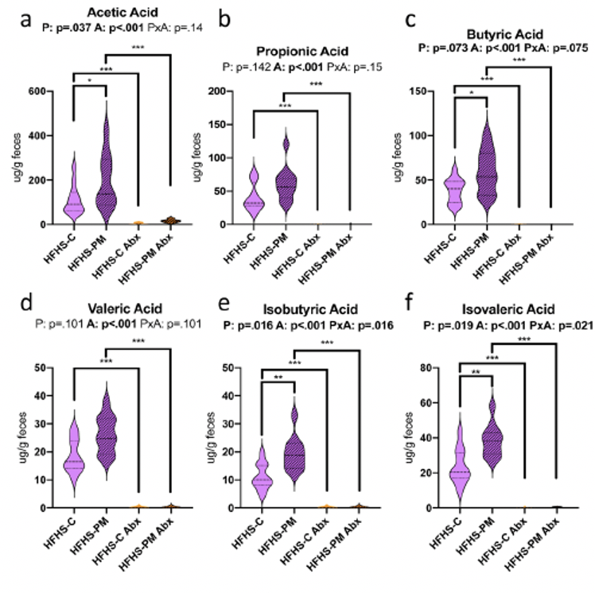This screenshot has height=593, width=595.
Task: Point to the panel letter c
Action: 410,19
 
